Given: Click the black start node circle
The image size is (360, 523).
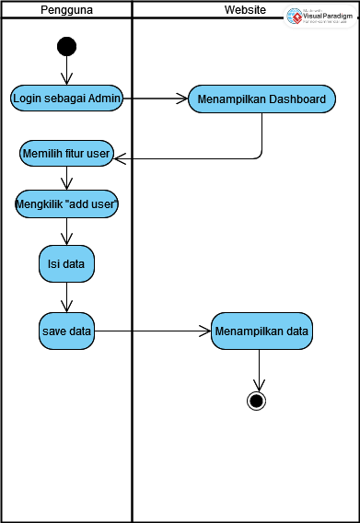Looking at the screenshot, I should (x=66, y=46).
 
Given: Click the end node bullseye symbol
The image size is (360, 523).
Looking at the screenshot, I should (x=256, y=400).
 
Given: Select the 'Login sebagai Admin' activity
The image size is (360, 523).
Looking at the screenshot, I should (x=67, y=99).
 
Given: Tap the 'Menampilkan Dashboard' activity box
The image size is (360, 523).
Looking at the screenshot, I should (x=261, y=99).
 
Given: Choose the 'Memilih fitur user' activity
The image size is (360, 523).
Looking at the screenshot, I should (x=66, y=155).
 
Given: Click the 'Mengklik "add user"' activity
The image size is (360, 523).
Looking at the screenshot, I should (x=66, y=204).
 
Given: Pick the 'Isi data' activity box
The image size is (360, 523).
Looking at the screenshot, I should (x=66, y=265).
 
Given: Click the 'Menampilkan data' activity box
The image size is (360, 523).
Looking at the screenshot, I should (x=262, y=330).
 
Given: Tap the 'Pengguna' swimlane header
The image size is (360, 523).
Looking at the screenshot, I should (x=66, y=10).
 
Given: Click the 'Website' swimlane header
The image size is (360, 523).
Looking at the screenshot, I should (x=246, y=10).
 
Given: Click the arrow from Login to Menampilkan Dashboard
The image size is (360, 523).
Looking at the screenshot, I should (x=155, y=99).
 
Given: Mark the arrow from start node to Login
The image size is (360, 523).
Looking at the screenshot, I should (x=66, y=70).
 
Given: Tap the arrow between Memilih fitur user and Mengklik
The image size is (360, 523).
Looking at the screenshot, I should (x=66, y=179).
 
